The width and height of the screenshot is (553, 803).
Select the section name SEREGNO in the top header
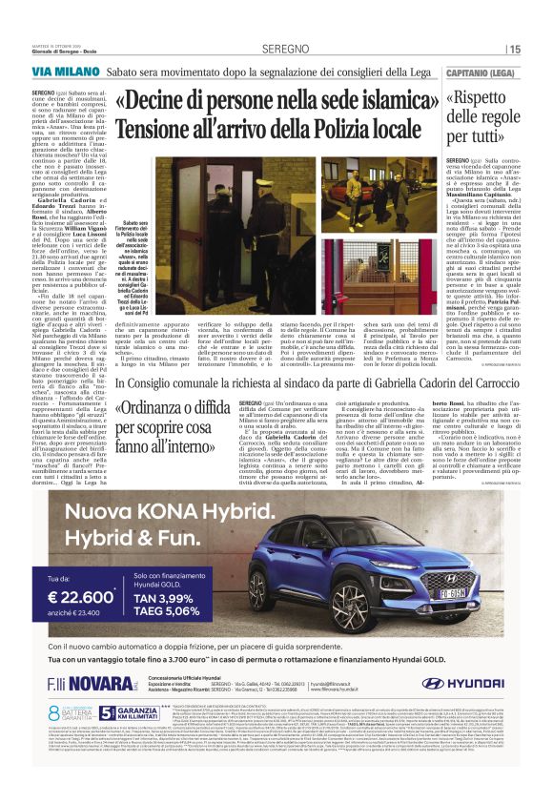277,48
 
